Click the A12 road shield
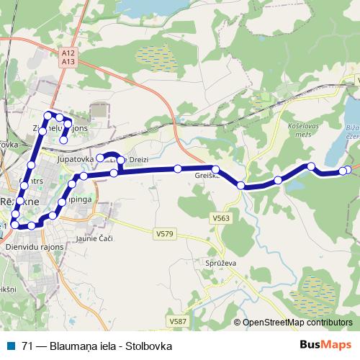68,53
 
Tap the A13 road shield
68,62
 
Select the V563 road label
221,217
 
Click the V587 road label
176,320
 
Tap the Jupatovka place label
76,158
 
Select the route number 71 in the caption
27,346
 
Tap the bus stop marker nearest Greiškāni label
215,169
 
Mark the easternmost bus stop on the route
349,170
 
